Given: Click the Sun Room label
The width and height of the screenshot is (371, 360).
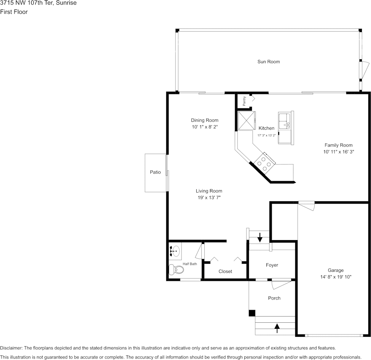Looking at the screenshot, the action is click(x=269, y=62).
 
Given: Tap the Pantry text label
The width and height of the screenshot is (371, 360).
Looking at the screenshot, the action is click(x=244, y=101).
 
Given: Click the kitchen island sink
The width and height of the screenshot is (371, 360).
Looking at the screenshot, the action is click(x=284, y=121).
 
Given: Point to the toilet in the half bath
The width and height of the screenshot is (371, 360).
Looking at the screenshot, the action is click(x=176, y=269).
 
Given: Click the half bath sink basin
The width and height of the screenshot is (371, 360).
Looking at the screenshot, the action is click(x=175, y=251).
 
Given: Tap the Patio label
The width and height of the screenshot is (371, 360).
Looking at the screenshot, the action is click(x=155, y=172).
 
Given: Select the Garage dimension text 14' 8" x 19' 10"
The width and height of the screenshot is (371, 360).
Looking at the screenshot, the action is click(x=336, y=277).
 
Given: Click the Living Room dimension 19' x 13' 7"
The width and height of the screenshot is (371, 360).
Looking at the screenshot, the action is click(x=209, y=198).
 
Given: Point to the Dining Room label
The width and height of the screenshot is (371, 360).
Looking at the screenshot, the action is click(x=205, y=120).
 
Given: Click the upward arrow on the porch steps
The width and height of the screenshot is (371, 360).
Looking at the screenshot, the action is click(x=277, y=328).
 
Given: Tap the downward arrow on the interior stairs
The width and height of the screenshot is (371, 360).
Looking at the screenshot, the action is click(x=260, y=237).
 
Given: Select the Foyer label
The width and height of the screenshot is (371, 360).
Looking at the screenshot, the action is click(x=272, y=265).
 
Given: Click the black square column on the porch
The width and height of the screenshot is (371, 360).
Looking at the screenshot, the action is click(x=252, y=313).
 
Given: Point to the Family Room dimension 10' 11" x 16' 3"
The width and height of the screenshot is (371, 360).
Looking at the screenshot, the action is click(x=339, y=152).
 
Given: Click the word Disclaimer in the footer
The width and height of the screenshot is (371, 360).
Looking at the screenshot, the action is click(x=11, y=348).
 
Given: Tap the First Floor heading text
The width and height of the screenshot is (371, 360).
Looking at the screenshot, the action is click(x=14, y=12).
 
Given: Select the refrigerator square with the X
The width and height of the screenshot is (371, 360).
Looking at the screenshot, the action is click(x=247, y=121).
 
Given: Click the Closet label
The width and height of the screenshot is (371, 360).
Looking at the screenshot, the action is click(x=225, y=271).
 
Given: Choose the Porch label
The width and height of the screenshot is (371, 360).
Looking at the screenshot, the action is click(x=274, y=298).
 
